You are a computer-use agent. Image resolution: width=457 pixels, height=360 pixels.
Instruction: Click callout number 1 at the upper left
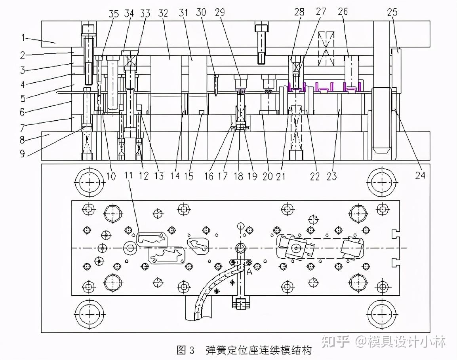[x=23, y=38]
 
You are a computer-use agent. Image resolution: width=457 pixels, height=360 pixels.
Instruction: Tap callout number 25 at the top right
[x=392, y=13]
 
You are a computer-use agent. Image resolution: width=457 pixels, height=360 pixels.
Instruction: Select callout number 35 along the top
[x=114, y=13]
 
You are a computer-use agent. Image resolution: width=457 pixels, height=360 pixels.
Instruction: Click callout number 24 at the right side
[x=420, y=175]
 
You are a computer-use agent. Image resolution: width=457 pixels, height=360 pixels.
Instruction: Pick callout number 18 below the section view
[x=238, y=176]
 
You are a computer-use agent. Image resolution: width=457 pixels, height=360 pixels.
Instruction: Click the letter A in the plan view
[x=249, y=272]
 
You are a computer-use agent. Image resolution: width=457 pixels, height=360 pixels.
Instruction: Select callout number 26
[x=343, y=12]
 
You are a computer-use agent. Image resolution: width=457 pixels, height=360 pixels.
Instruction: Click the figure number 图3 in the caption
[x=186, y=350]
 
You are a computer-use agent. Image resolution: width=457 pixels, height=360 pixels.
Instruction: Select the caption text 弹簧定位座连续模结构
[x=259, y=350]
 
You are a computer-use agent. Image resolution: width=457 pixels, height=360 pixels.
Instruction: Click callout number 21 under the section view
[x=281, y=176]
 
